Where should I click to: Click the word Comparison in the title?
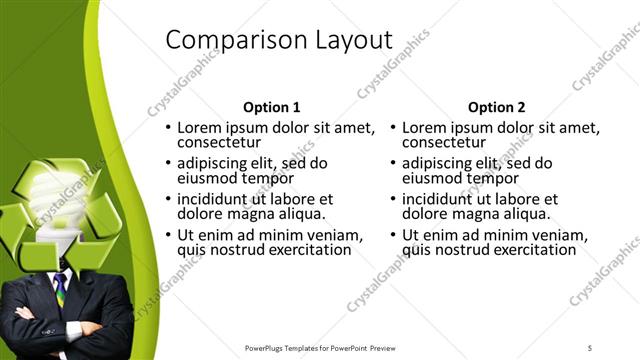[x=224, y=40]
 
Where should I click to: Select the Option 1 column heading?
[x=272, y=107]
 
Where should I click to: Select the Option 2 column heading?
[x=496, y=107]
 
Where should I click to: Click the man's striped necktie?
[x=61, y=290]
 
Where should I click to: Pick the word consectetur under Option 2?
[x=444, y=142]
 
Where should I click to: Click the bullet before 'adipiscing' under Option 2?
[x=393, y=164]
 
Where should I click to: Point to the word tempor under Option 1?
[x=269, y=178]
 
